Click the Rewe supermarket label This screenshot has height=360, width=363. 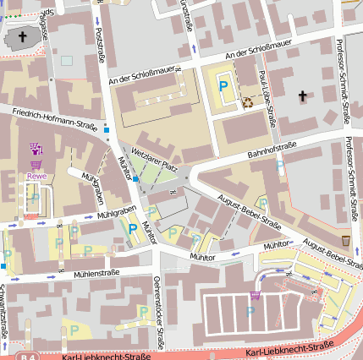tap(35, 177)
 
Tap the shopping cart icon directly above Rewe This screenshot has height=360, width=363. tap(35, 164)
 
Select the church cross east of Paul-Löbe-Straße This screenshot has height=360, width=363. tap(302, 97)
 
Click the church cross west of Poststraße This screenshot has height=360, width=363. tap(22, 37)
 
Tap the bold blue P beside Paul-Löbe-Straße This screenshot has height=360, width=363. tap(223, 85)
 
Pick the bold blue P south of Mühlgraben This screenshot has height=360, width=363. tap(132, 227)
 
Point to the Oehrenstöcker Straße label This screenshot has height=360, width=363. tap(157, 313)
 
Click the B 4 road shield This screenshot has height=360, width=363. tap(27, 356)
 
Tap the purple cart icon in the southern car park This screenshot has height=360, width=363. tap(256, 295)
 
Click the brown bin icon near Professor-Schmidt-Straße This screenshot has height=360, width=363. tap(346, 240)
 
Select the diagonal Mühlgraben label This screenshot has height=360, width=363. tap(92, 185)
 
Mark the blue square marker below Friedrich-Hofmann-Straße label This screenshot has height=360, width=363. tap(106, 129)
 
